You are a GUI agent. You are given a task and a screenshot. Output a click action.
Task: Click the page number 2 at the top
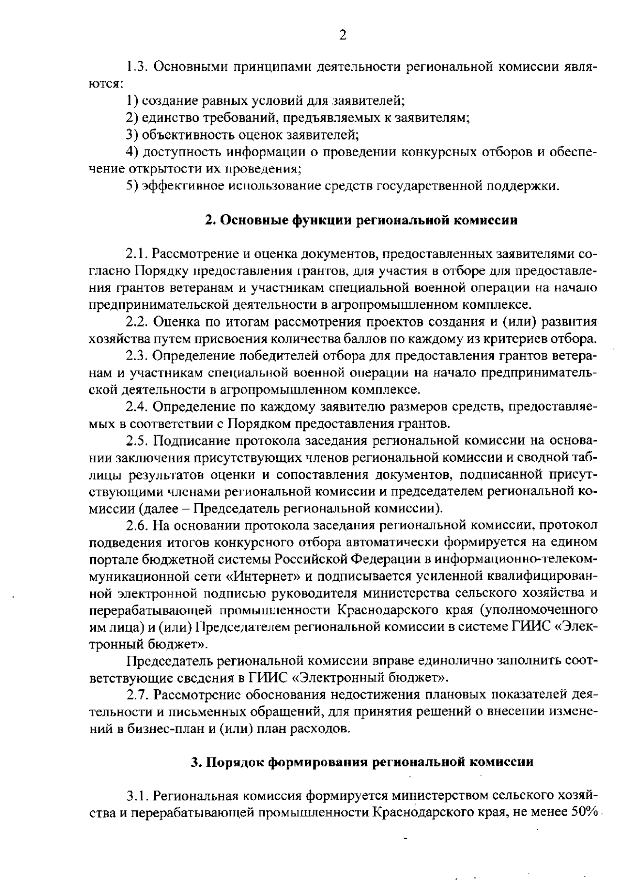click(343, 36)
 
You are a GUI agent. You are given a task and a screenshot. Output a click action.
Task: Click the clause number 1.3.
click(137, 67)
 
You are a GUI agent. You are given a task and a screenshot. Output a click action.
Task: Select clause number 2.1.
click(137, 255)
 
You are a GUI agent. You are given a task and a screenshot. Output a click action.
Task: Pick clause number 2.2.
click(137, 321)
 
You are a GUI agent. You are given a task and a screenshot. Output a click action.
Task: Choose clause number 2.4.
click(137, 406)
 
